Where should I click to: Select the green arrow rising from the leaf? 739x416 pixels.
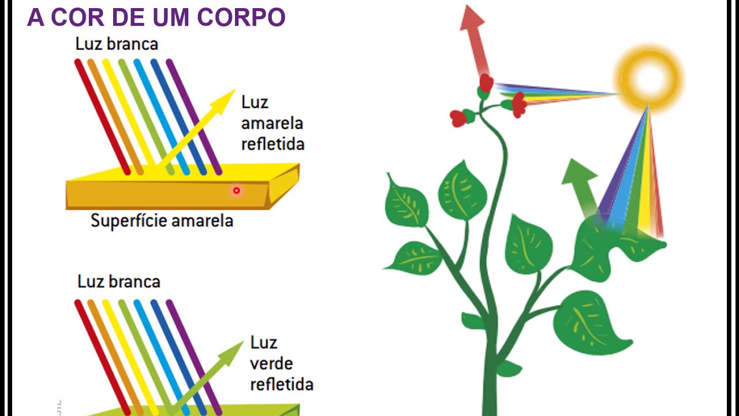580,184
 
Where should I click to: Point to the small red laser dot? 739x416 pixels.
236,191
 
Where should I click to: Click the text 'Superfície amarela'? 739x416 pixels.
162,221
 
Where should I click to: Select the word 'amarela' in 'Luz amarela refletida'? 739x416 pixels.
271,123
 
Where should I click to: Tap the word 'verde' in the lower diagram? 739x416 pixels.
271,363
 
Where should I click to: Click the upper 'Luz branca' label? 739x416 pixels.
117,44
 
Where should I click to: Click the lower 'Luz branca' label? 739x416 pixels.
118,281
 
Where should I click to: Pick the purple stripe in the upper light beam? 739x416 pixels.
194,116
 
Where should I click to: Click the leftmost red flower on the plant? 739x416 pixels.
458,118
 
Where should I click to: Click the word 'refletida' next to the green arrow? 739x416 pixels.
281,385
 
